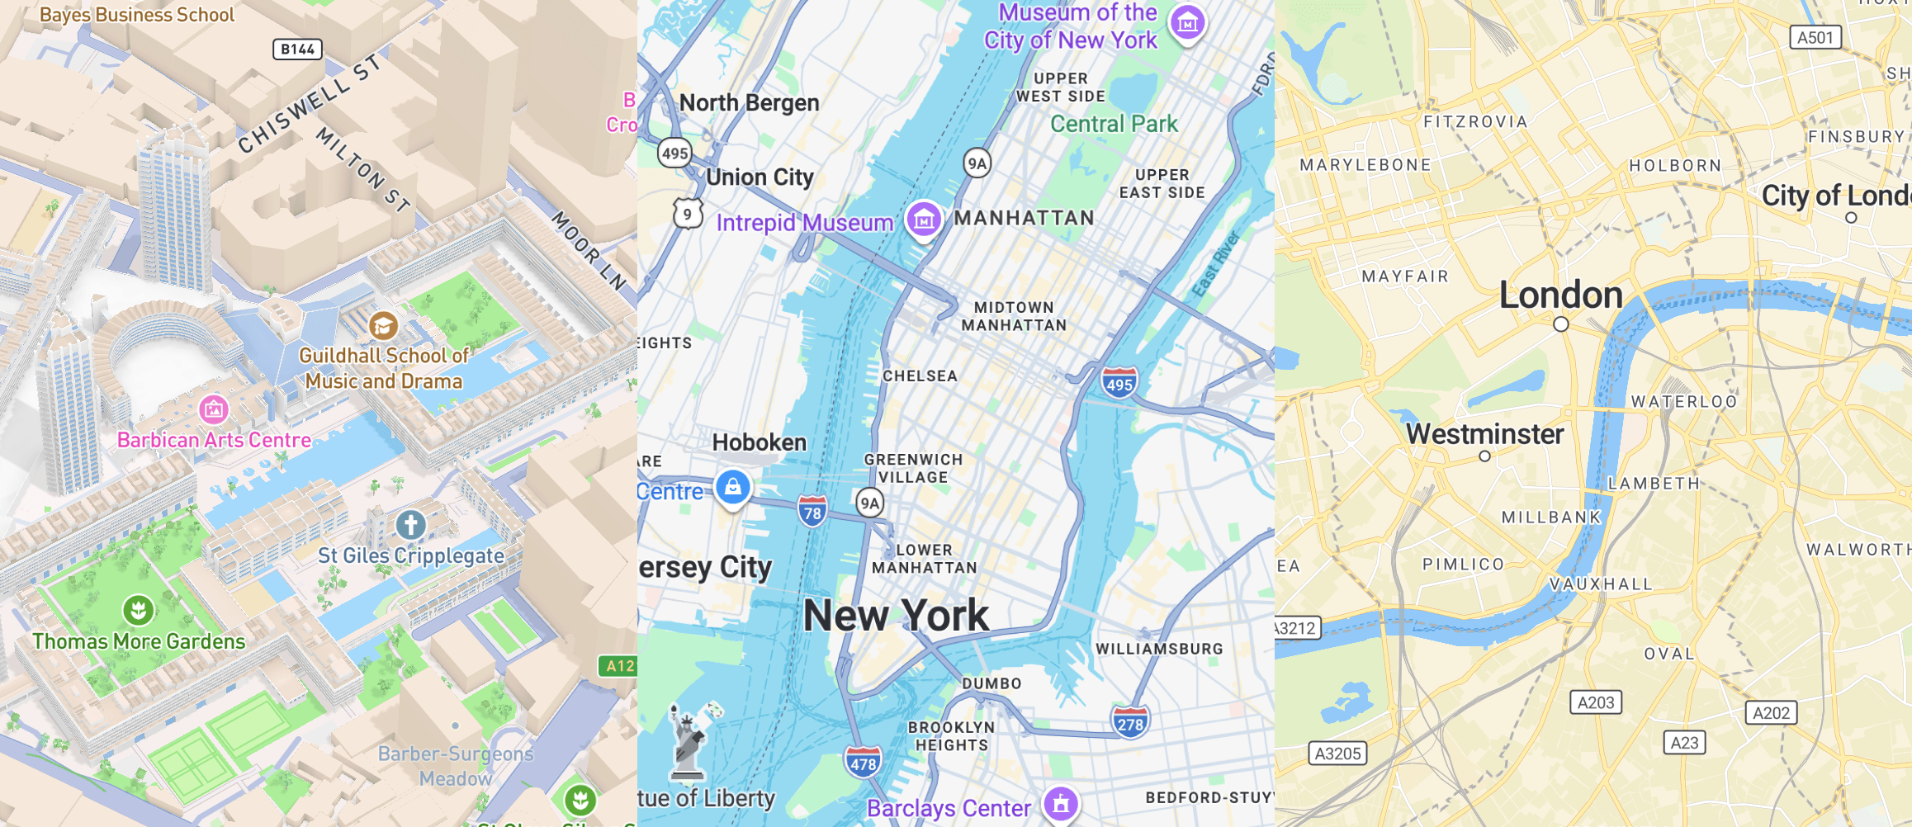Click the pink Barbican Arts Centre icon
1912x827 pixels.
click(x=213, y=408)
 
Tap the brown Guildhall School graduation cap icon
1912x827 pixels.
click(x=383, y=326)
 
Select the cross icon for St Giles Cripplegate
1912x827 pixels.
click(x=410, y=524)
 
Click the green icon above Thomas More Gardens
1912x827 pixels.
click(x=138, y=611)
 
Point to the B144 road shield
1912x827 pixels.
click(x=297, y=50)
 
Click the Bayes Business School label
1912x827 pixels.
click(x=137, y=15)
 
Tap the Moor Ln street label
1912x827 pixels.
click(x=589, y=249)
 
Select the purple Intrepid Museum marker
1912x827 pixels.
click(x=924, y=220)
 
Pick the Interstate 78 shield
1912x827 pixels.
click(x=812, y=512)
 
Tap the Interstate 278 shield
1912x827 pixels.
click(x=1129, y=723)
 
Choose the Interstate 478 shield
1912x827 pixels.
click(x=863, y=763)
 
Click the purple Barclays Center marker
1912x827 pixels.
click(x=1061, y=803)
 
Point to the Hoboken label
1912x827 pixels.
click(x=759, y=442)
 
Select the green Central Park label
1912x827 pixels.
click(x=1114, y=124)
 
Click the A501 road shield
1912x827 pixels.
click(x=1815, y=37)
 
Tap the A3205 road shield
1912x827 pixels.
click(x=1337, y=754)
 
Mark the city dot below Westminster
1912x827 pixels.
click(x=1484, y=456)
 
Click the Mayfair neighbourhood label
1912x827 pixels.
click(x=1405, y=276)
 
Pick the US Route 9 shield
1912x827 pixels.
click(x=687, y=215)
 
